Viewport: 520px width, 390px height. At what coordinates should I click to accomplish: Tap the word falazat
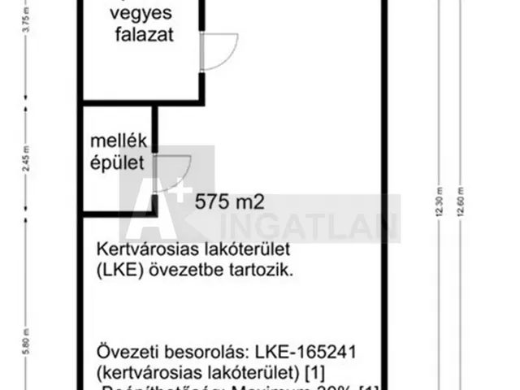[x=143, y=35]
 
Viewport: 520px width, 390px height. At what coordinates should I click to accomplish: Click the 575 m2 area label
[x=231, y=202]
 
